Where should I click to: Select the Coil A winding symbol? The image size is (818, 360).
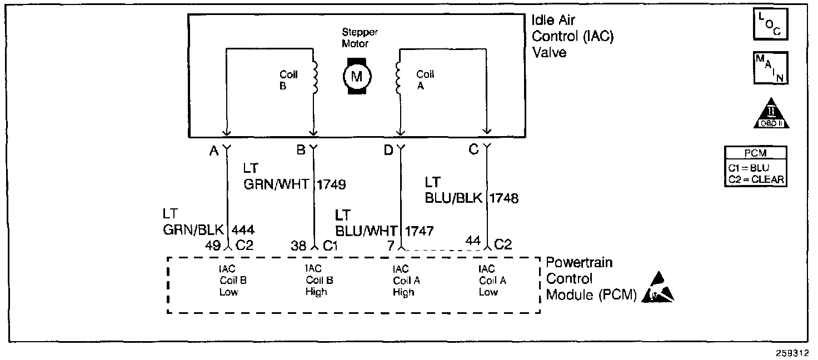tap(397, 78)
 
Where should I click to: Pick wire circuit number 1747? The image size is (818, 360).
tap(420, 230)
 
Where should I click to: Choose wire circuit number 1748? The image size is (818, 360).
tap(504, 198)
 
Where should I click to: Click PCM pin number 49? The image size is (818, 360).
tap(213, 246)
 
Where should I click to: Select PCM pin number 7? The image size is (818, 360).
tap(391, 246)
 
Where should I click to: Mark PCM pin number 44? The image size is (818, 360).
tap(473, 241)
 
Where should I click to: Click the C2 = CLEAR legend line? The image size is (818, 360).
tap(750, 178)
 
